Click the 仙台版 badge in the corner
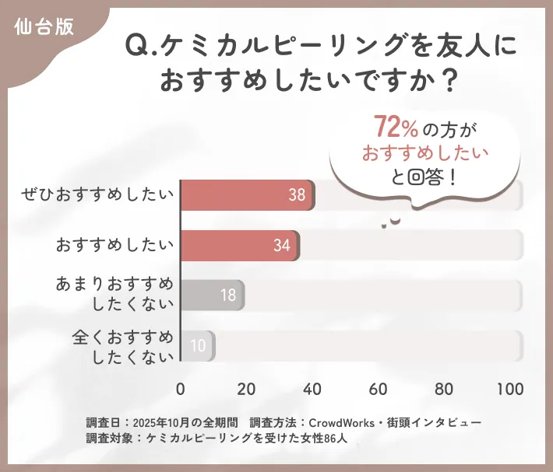[44, 26]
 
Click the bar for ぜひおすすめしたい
[248, 195]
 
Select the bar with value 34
[240, 245]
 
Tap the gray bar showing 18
[213, 295]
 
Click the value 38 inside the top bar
[297, 195]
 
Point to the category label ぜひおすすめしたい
[99, 195]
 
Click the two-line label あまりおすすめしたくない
[114, 295]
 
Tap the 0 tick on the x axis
[181, 389]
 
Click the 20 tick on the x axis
[247, 389]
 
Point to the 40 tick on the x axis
[313, 389]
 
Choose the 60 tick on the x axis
[379, 389]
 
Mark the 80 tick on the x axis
[445, 389]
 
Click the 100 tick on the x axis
[510, 389]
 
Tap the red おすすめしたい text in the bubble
[424, 152]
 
